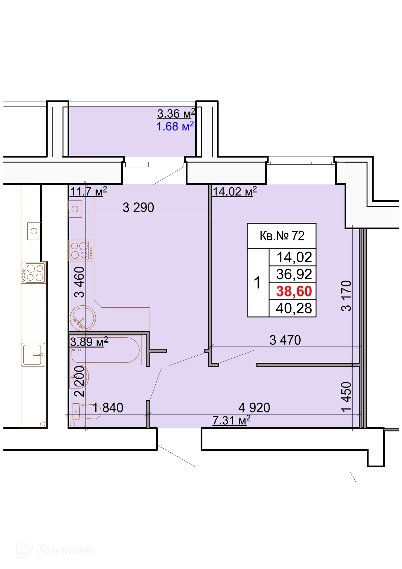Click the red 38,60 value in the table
[x=294, y=291]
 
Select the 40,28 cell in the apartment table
[x=294, y=308]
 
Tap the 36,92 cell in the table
[x=294, y=274]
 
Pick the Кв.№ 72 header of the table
[x=282, y=236]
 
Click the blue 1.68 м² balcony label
[x=175, y=126]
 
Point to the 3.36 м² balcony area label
[x=176, y=114]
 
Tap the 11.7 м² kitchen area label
[x=89, y=191]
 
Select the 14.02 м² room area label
[x=235, y=191]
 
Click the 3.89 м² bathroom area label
[x=89, y=342]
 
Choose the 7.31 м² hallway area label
[x=231, y=420]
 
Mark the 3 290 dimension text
[x=138, y=208]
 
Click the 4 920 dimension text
[x=254, y=407]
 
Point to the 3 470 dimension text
[x=285, y=340]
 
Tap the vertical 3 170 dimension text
[x=346, y=296]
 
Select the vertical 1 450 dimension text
[x=346, y=397]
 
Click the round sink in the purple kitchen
[x=82, y=318]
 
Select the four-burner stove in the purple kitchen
[x=81, y=250]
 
